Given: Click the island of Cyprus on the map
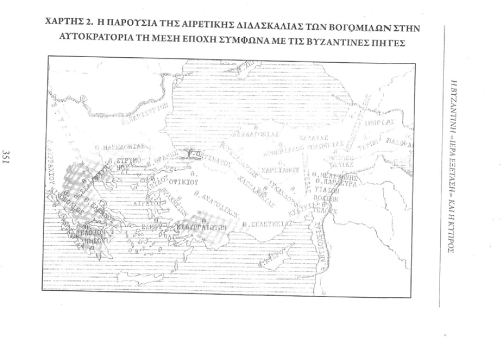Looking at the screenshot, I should (269, 260).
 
